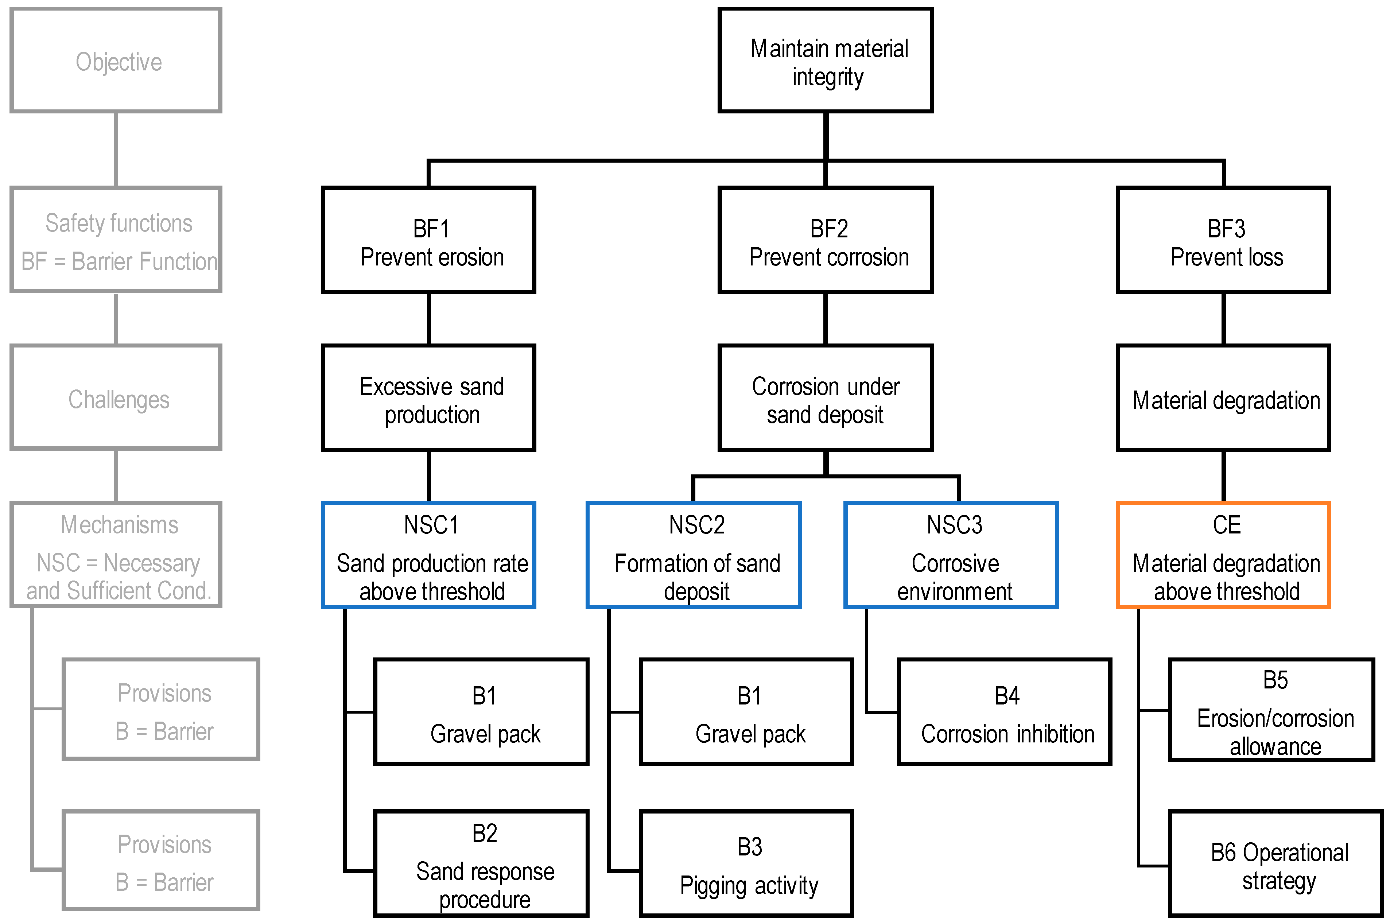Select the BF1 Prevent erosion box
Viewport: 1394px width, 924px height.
pyautogui.click(x=428, y=240)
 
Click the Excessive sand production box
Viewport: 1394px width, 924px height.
pyautogui.click(x=428, y=398)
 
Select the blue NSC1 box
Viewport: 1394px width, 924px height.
pyautogui.click(x=428, y=555)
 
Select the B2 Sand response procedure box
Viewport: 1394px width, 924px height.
pyautogui.click(x=481, y=863)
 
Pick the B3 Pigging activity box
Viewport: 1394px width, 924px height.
pyautogui.click(x=746, y=863)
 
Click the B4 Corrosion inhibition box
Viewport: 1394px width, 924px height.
pyautogui.click(x=1004, y=712)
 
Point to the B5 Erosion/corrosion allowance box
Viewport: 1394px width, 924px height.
pyautogui.click(x=1271, y=710)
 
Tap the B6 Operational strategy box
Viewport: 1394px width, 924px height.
pyautogui.click(x=1275, y=864)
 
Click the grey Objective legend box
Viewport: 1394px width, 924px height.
pyautogui.click(x=116, y=60)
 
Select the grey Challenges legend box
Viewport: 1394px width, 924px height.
pyautogui.click(x=116, y=398)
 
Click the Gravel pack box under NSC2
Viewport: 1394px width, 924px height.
pyautogui.click(x=746, y=712)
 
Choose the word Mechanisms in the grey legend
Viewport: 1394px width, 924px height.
pyautogui.click(x=119, y=524)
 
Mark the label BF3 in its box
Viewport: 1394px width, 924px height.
pyautogui.click(x=1226, y=229)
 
